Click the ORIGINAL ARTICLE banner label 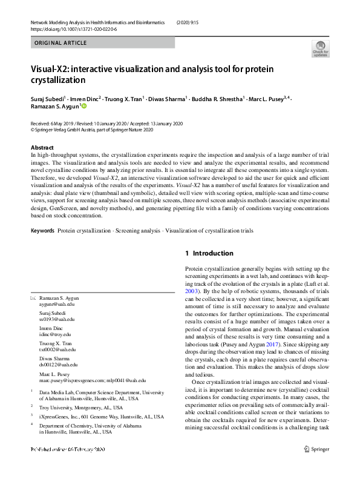coord(61,43)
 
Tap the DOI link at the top coord(74,29)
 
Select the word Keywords coord(42,231)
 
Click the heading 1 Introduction coord(209,253)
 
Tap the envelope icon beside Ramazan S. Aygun coord(33,299)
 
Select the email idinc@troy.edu coord(55,334)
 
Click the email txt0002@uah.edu coord(57,349)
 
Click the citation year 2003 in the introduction coord(191,291)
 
